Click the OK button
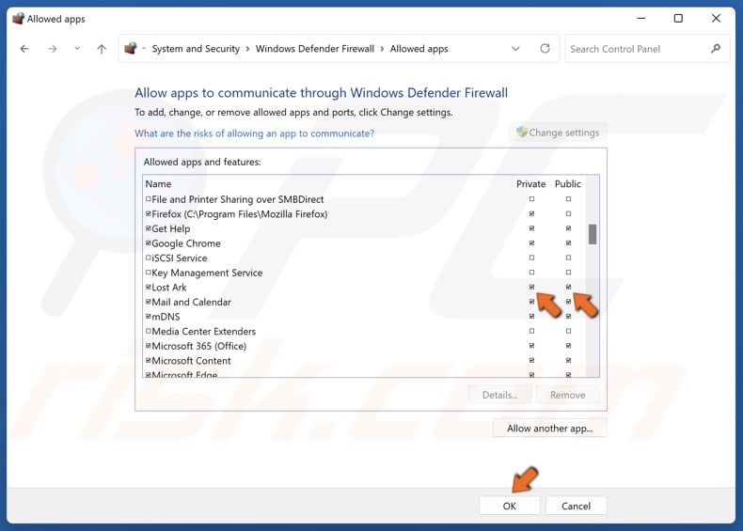[x=509, y=506]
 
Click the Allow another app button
[x=549, y=429]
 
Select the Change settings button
[x=557, y=133]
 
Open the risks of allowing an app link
[x=254, y=133]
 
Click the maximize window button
[x=678, y=18]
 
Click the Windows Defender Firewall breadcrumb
[x=314, y=49]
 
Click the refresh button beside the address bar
[x=545, y=49]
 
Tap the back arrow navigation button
[x=24, y=49]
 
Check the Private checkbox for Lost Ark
[x=531, y=288]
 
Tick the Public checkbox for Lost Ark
[x=568, y=288]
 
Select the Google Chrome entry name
[x=186, y=243]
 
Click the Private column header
[x=530, y=184]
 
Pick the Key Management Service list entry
[x=207, y=273]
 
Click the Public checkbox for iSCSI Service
[x=568, y=258]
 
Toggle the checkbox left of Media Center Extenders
[x=149, y=332]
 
